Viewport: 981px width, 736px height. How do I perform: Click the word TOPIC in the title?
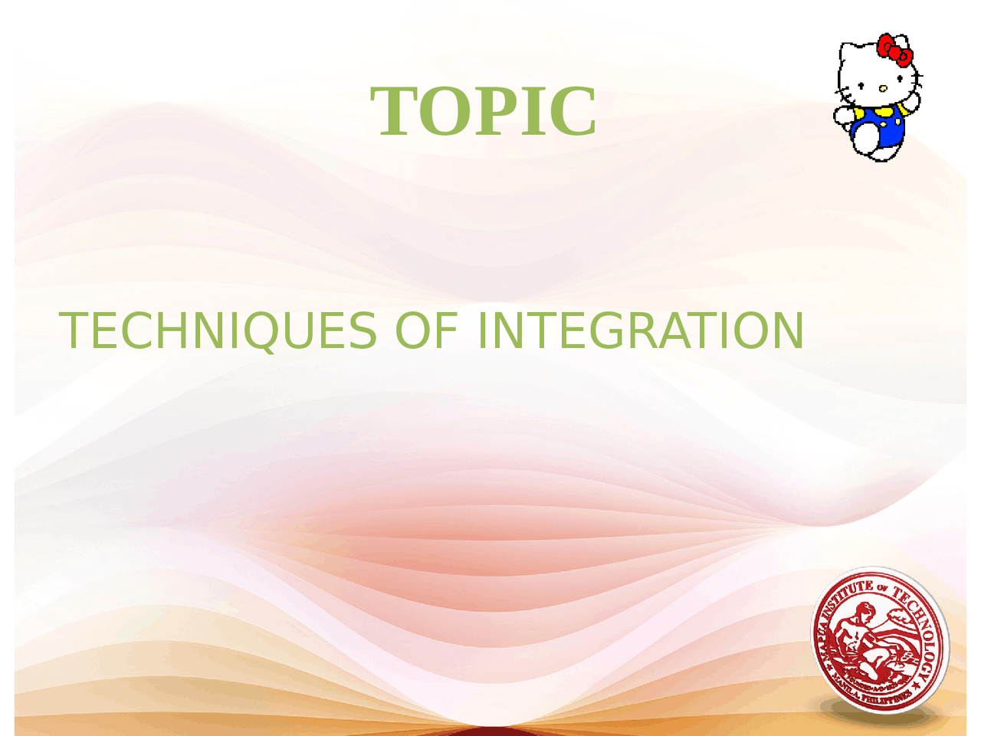point(484,112)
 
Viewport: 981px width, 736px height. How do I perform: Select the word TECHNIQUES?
point(218,331)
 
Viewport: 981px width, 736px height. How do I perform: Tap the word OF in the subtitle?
point(426,331)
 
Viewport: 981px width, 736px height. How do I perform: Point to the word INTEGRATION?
point(641,331)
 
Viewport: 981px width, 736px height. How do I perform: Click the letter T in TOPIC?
point(394,112)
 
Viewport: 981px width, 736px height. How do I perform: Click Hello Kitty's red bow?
point(894,49)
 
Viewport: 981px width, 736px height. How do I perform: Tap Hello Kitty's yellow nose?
point(883,88)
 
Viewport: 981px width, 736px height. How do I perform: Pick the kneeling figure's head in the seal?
point(865,611)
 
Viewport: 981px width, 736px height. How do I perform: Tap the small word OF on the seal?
point(883,589)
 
